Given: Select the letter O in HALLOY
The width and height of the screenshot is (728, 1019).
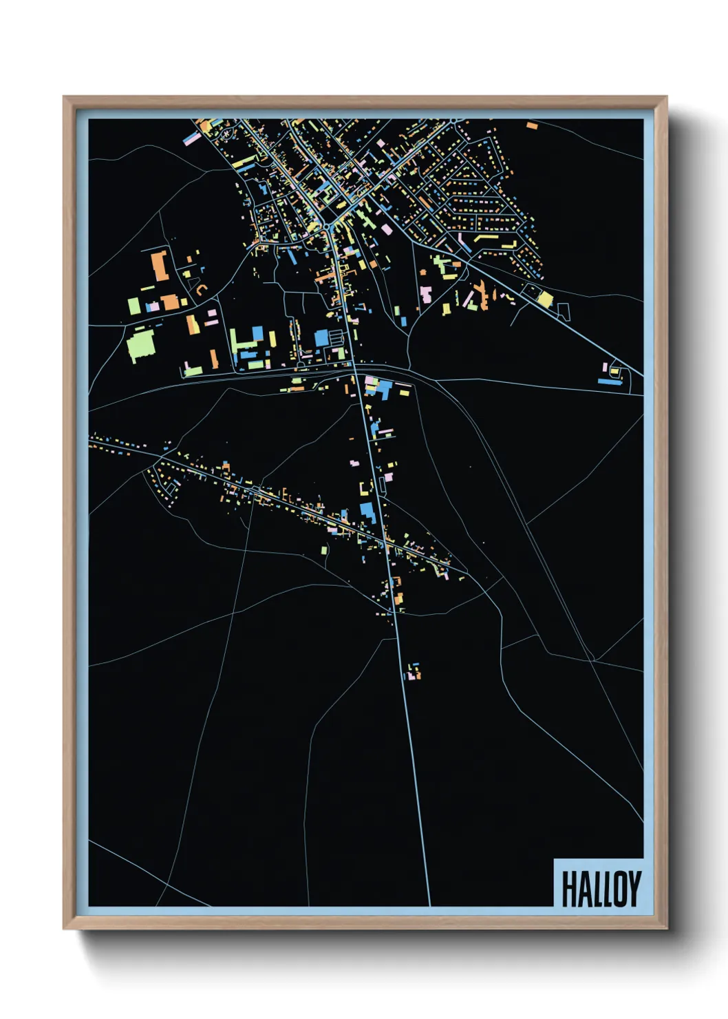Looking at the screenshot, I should click(619, 889).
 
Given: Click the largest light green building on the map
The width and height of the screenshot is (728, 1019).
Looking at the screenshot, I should click(141, 345).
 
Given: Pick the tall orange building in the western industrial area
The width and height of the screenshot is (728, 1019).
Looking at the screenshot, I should click(160, 266).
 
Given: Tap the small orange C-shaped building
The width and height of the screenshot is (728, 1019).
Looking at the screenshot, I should click(200, 289).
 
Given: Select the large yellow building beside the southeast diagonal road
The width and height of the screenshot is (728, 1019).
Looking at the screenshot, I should click(545, 300).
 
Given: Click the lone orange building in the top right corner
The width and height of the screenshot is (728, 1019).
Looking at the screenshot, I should click(532, 126).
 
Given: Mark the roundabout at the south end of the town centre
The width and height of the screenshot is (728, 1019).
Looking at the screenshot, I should click(327, 227).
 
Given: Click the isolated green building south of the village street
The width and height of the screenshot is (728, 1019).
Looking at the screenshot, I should click(324, 549).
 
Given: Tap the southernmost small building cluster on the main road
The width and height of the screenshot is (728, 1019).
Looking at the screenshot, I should click(413, 671).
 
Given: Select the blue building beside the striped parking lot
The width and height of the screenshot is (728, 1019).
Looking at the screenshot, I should click(321, 338).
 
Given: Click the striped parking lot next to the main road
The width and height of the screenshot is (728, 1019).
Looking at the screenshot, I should click(336, 337).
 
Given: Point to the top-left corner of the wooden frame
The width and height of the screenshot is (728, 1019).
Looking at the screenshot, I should click(65, 98).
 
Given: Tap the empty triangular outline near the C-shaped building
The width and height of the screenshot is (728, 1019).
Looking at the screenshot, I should click(186, 274).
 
